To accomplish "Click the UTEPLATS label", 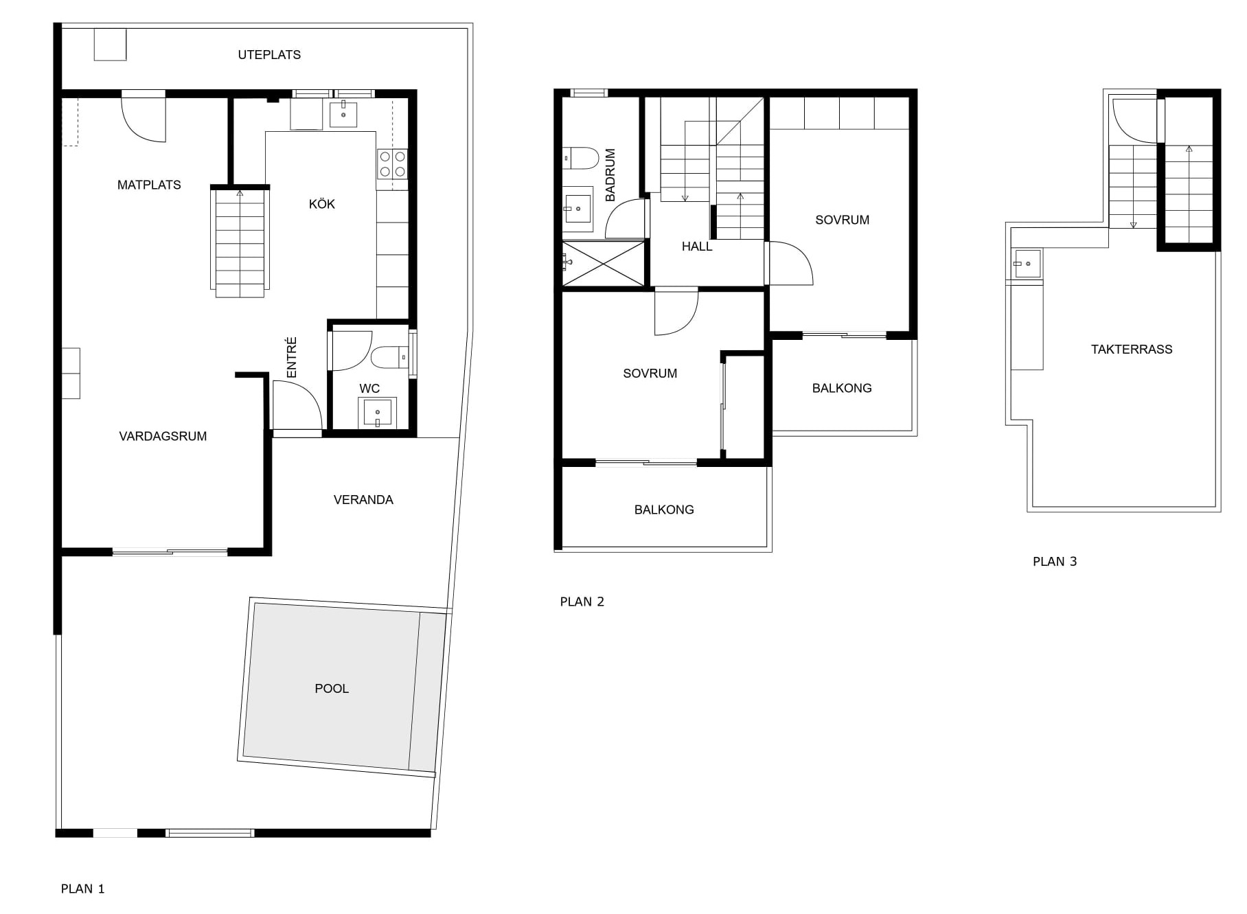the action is pos(269,55).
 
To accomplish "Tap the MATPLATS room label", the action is pos(149,185).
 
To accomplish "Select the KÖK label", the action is pos(322,204).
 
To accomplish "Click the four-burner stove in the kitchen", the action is pos(392,164).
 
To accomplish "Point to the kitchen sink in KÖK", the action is pos(343,113).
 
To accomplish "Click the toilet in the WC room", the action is pos(389,357).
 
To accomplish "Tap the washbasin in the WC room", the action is pos(377,413).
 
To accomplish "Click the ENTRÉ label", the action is pos(292,357).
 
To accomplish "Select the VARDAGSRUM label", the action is pos(163,436).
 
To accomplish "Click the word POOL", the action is pos(332,689).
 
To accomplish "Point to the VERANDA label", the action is pos(363,500).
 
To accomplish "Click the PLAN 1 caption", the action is pos(83,889).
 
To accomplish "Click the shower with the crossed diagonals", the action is pos(604,262).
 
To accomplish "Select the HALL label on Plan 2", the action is pos(697,247).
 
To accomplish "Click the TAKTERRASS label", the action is pos(1132,349).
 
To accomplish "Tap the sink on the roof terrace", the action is pos(1027,264).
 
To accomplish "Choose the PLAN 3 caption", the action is pos(1055,562).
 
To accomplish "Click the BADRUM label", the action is pos(610,175).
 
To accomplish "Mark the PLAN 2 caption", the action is pos(582,602).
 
